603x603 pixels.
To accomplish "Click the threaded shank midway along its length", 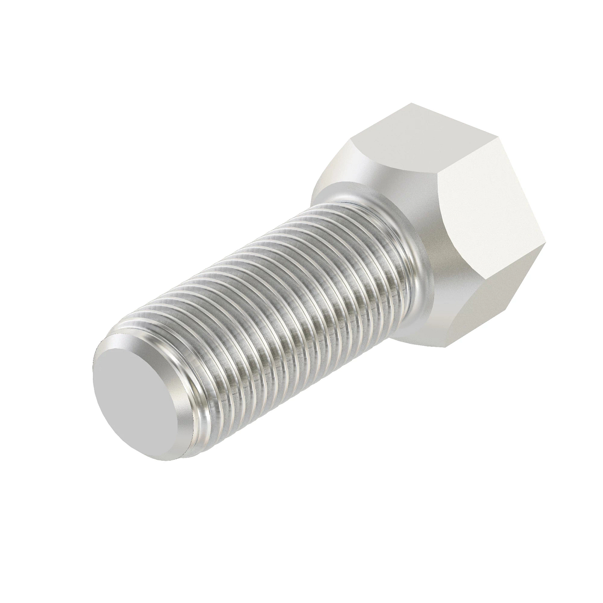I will [x=281, y=301].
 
